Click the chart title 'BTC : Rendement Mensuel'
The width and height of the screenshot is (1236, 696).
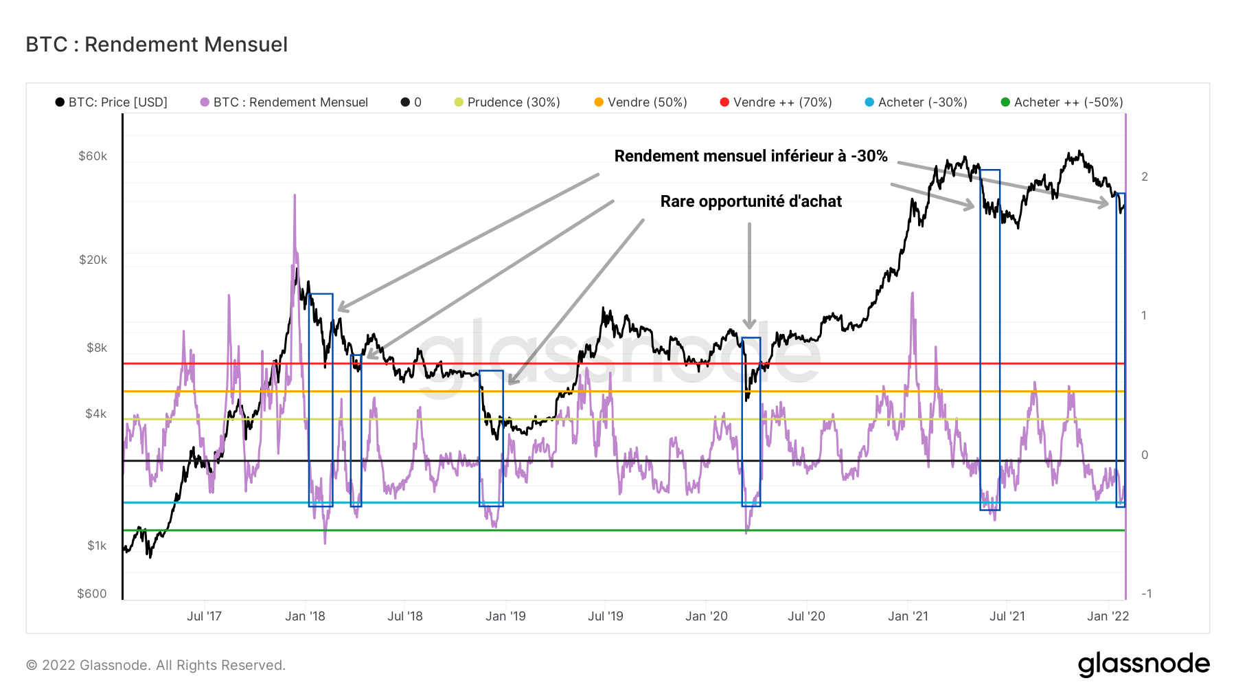(157, 45)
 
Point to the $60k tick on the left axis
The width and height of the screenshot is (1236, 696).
(93, 157)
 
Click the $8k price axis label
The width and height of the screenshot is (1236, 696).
(97, 348)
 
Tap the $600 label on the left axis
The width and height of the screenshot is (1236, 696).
(92, 594)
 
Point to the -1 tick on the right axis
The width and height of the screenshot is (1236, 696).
(1146, 594)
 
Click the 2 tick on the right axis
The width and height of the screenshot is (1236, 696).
(1145, 177)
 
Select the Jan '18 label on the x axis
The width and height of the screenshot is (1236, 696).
(305, 616)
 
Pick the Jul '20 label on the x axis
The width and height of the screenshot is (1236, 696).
(806, 616)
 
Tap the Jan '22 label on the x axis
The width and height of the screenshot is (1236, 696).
(1108, 616)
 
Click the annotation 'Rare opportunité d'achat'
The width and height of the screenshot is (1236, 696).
(751, 201)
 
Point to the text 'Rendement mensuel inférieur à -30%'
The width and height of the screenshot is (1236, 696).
(751, 156)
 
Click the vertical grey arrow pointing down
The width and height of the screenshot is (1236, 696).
(749, 275)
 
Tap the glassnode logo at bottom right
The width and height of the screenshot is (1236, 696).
(1143, 664)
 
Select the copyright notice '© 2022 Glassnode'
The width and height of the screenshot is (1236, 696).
(156, 665)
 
